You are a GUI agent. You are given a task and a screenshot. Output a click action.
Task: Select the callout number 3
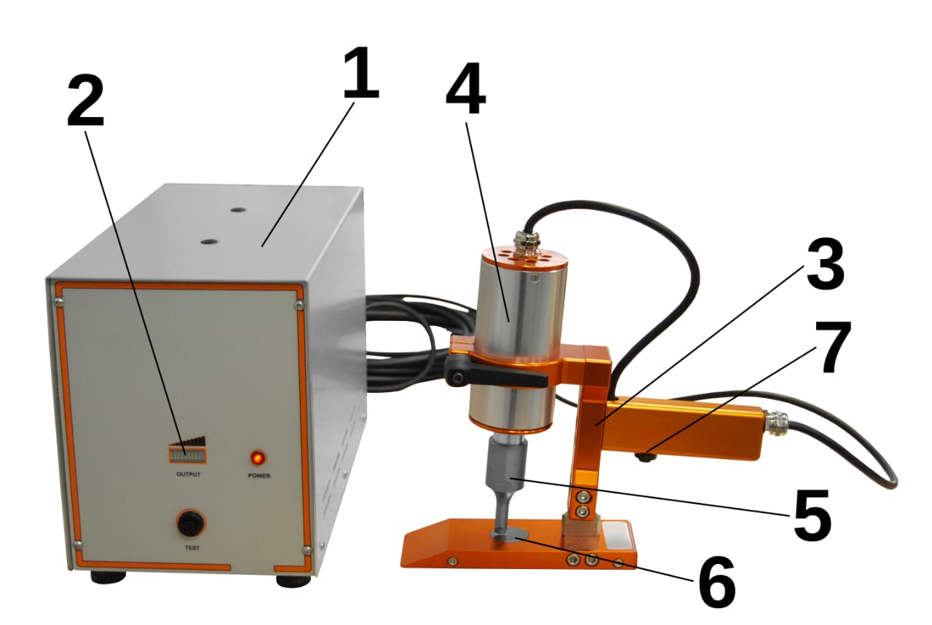825,265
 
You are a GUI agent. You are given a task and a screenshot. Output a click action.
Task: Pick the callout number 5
812,515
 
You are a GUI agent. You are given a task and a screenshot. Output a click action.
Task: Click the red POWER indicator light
258,458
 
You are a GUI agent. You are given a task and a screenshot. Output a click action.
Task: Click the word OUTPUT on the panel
189,474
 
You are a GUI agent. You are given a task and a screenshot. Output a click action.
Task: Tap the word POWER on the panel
258,476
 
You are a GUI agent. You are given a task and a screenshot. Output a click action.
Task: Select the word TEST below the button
191,548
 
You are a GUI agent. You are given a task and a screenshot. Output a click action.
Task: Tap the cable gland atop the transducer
526,243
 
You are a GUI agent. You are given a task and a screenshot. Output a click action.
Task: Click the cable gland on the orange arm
773,423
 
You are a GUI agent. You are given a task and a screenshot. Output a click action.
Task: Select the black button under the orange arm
646,457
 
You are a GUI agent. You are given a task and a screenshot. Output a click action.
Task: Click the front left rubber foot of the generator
108,576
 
